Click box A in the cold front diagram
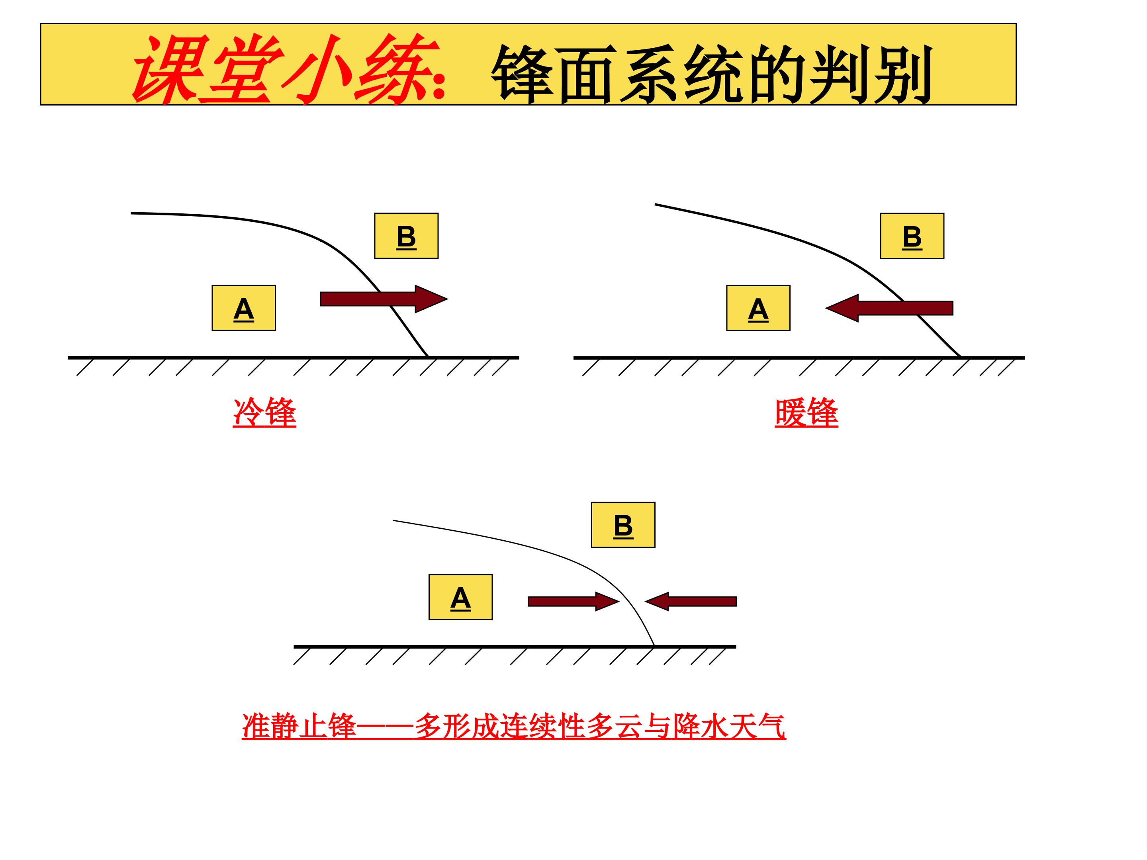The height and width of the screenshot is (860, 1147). (x=244, y=308)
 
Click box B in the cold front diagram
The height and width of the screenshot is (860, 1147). (x=407, y=236)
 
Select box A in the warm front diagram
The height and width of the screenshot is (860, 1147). (x=758, y=308)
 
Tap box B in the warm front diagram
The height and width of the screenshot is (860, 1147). (x=912, y=236)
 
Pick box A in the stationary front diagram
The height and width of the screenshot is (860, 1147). (x=460, y=597)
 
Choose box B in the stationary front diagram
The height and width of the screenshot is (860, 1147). (x=623, y=525)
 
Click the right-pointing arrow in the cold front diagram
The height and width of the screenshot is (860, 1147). (x=384, y=299)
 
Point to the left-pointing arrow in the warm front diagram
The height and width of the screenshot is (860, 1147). (x=889, y=308)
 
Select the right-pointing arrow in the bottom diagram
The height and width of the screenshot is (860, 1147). (x=574, y=601)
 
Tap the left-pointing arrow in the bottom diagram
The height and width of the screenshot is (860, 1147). (x=691, y=601)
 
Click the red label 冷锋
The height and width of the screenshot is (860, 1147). (x=264, y=413)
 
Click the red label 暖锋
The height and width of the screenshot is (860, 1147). (x=806, y=413)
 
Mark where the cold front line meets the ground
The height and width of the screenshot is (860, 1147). (x=428, y=357)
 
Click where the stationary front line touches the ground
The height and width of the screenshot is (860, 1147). (x=654, y=646)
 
